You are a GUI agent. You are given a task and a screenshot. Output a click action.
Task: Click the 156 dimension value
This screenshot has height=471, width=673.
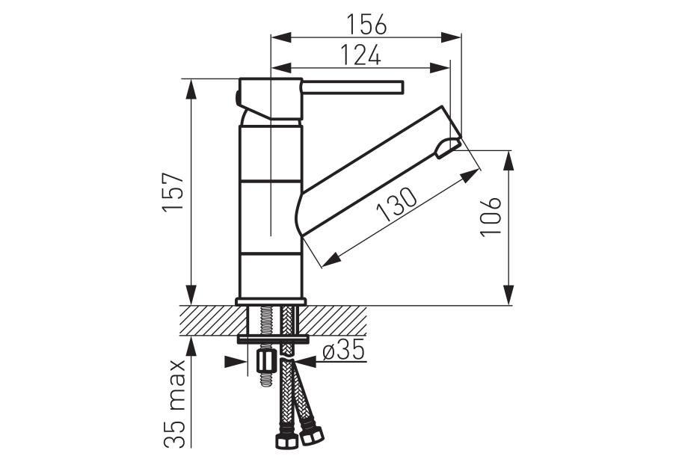[x=366, y=24]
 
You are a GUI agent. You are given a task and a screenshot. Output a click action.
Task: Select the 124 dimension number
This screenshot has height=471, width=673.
[x=361, y=55]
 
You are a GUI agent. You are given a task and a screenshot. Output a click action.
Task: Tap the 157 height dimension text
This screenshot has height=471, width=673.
[x=173, y=191]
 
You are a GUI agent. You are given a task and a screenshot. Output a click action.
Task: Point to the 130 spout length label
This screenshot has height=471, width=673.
[x=396, y=205]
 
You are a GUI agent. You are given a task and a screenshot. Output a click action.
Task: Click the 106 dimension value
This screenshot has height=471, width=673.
[x=491, y=217]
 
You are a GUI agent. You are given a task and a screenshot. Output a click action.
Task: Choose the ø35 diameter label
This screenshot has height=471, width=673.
[x=343, y=349]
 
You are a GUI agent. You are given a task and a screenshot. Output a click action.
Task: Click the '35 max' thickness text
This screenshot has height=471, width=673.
[x=175, y=404]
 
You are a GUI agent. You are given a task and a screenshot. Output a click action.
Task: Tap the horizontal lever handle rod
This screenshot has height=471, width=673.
[x=353, y=87]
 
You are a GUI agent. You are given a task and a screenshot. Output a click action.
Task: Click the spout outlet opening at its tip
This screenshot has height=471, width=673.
[x=447, y=148]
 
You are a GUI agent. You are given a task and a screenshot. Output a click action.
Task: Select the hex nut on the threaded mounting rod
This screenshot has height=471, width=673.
[x=265, y=362]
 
